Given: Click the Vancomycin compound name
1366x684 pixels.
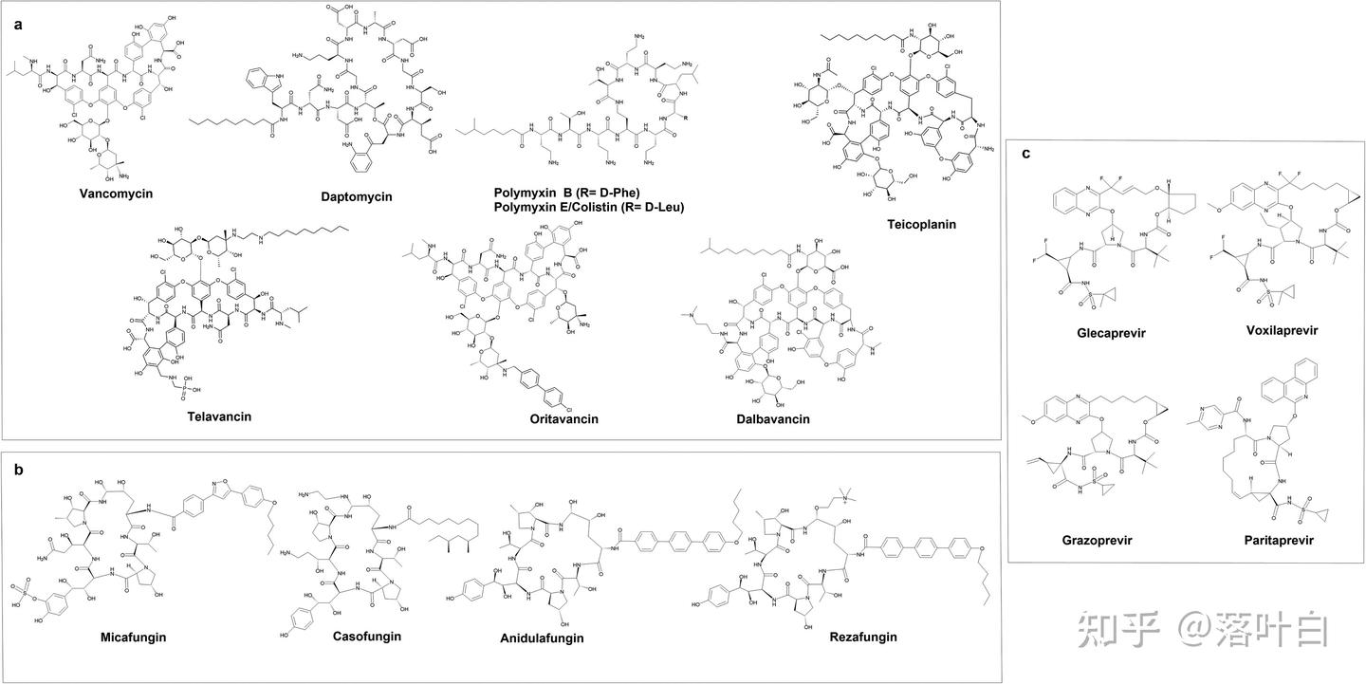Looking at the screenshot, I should point(117,194).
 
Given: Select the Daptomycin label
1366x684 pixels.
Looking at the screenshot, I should point(357,196).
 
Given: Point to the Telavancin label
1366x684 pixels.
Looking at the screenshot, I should point(219,416).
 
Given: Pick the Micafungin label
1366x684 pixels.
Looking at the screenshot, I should point(134,637).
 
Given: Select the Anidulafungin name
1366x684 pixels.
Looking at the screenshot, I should point(542,638).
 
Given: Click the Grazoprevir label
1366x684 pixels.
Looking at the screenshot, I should point(1098,540).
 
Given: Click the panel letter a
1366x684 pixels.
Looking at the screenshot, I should point(18,26).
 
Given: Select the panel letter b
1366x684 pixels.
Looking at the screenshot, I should point(18,469).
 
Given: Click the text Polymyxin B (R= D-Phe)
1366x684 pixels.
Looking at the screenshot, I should point(567,193).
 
